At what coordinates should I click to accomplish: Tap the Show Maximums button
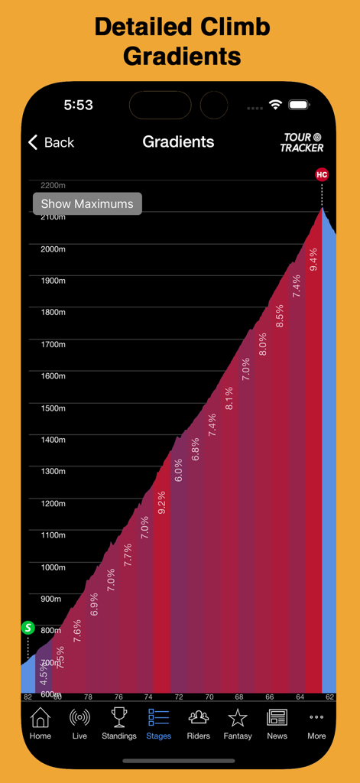point(87,203)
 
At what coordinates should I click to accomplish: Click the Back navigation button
point(51,142)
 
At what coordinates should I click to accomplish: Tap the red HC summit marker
point(322,174)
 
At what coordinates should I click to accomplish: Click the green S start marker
point(28,628)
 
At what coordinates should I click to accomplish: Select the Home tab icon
point(41,723)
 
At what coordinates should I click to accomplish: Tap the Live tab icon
point(79,723)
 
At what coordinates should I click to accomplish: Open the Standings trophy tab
point(119,723)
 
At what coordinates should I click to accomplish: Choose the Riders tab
point(198,723)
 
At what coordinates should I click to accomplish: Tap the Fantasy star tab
point(238,723)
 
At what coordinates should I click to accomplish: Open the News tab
point(277,723)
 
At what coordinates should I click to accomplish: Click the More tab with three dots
point(316,723)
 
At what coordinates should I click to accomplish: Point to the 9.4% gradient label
point(313,259)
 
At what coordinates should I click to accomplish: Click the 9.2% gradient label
point(161,502)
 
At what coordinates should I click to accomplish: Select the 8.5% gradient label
point(280,316)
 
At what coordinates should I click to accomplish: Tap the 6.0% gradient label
point(178,469)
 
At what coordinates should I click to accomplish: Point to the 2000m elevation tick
point(53,249)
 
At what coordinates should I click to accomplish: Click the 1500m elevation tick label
point(53,408)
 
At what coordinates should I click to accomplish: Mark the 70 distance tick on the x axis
point(209,697)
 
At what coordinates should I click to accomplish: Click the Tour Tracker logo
point(302,142)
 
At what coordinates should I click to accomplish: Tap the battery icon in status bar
point(299,105)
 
